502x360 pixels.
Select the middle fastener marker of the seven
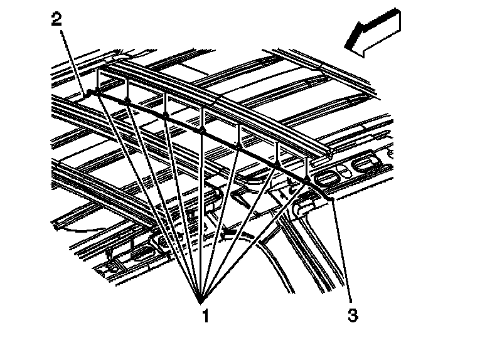(x=202, y=130)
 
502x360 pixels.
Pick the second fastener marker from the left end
(x=127, y=100)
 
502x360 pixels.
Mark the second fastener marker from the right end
(x=276, y=162)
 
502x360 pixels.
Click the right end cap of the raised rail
(x=329, y=153)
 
